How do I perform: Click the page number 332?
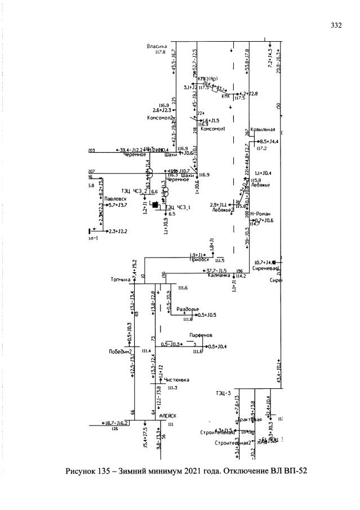(337, 25)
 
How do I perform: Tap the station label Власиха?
(156, 46)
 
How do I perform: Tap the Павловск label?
(115, 199)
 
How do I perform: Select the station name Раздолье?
(188, 309)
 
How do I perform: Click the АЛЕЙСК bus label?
(168, 415)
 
